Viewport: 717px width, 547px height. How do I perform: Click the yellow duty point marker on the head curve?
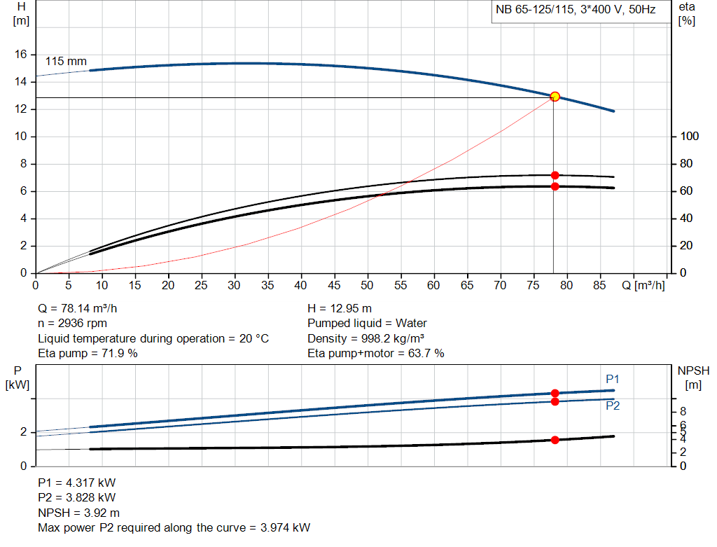(555, 97)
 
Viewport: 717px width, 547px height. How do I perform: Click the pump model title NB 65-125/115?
(576, 11)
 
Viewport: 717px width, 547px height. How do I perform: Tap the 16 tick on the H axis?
(21, 54)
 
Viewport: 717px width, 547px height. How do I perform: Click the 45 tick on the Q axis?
(334, 285)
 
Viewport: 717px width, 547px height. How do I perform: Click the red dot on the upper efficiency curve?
(555, 175)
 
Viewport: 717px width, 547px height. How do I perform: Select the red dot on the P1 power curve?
(555, 394)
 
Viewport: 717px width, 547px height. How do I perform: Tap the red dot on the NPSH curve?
(555, 440)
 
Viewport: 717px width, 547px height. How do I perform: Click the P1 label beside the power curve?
(613, 379)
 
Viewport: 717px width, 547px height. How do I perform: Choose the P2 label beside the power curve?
(613, 406)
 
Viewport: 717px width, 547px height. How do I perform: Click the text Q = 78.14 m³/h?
(83, 308)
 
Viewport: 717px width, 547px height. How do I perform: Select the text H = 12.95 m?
(340, 308)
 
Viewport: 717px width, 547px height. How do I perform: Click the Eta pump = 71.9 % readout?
(88, 354)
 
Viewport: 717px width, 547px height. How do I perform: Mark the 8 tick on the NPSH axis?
(683, 411)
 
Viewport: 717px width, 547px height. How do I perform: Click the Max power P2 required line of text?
(174, 527)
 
